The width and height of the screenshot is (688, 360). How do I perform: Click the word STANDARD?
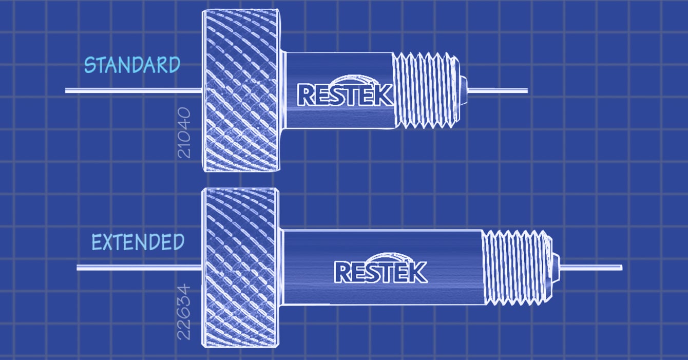click(x=132, y=65)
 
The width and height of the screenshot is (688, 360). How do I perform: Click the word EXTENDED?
click(x=138, y=242)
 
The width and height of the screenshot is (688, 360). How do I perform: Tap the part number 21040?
click(x=184, y=132)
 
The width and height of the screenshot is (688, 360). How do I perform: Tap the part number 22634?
click(x=184, y=313)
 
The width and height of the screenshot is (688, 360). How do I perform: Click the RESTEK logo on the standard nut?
click(x=345, y=94)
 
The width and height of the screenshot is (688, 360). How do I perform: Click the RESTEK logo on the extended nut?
click(x=380, y=272)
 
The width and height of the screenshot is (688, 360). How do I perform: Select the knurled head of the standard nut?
click(x=241, y=90)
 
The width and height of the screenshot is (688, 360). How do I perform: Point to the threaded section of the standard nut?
click(x=426, y=89)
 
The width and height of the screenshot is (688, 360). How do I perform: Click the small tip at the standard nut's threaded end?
click(x=464, y=90)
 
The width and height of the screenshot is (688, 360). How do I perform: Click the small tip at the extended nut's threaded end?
click(x=555, y=267)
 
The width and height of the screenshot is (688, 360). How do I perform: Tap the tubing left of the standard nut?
click(x=133, y=91)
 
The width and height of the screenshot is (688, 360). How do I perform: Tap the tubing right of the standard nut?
click(x=498, y=90)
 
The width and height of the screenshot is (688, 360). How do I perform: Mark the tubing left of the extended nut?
click(x=139, y=268)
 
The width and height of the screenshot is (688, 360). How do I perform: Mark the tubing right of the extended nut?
click(x=590, y=267)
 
